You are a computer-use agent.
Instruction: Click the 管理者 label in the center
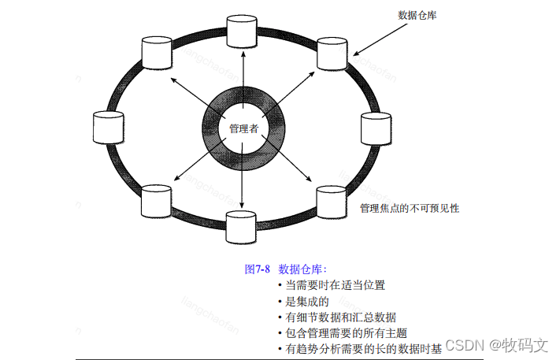(x=243, y=128)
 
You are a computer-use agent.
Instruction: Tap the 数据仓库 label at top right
(x=418, y=15)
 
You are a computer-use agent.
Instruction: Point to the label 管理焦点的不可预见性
(x=409, y=209)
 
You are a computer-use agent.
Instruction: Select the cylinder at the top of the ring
(x=242, y=30)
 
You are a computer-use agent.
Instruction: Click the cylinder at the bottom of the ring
(x=241, y=226)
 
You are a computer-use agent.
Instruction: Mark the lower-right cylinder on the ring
(x=330, y=202)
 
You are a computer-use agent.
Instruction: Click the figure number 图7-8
(x=258, y=269)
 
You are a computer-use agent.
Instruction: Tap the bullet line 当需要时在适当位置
(x=335, y=285)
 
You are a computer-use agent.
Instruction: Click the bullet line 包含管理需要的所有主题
(x=346, y=332)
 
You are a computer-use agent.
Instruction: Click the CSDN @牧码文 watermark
(x=496, y=345)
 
